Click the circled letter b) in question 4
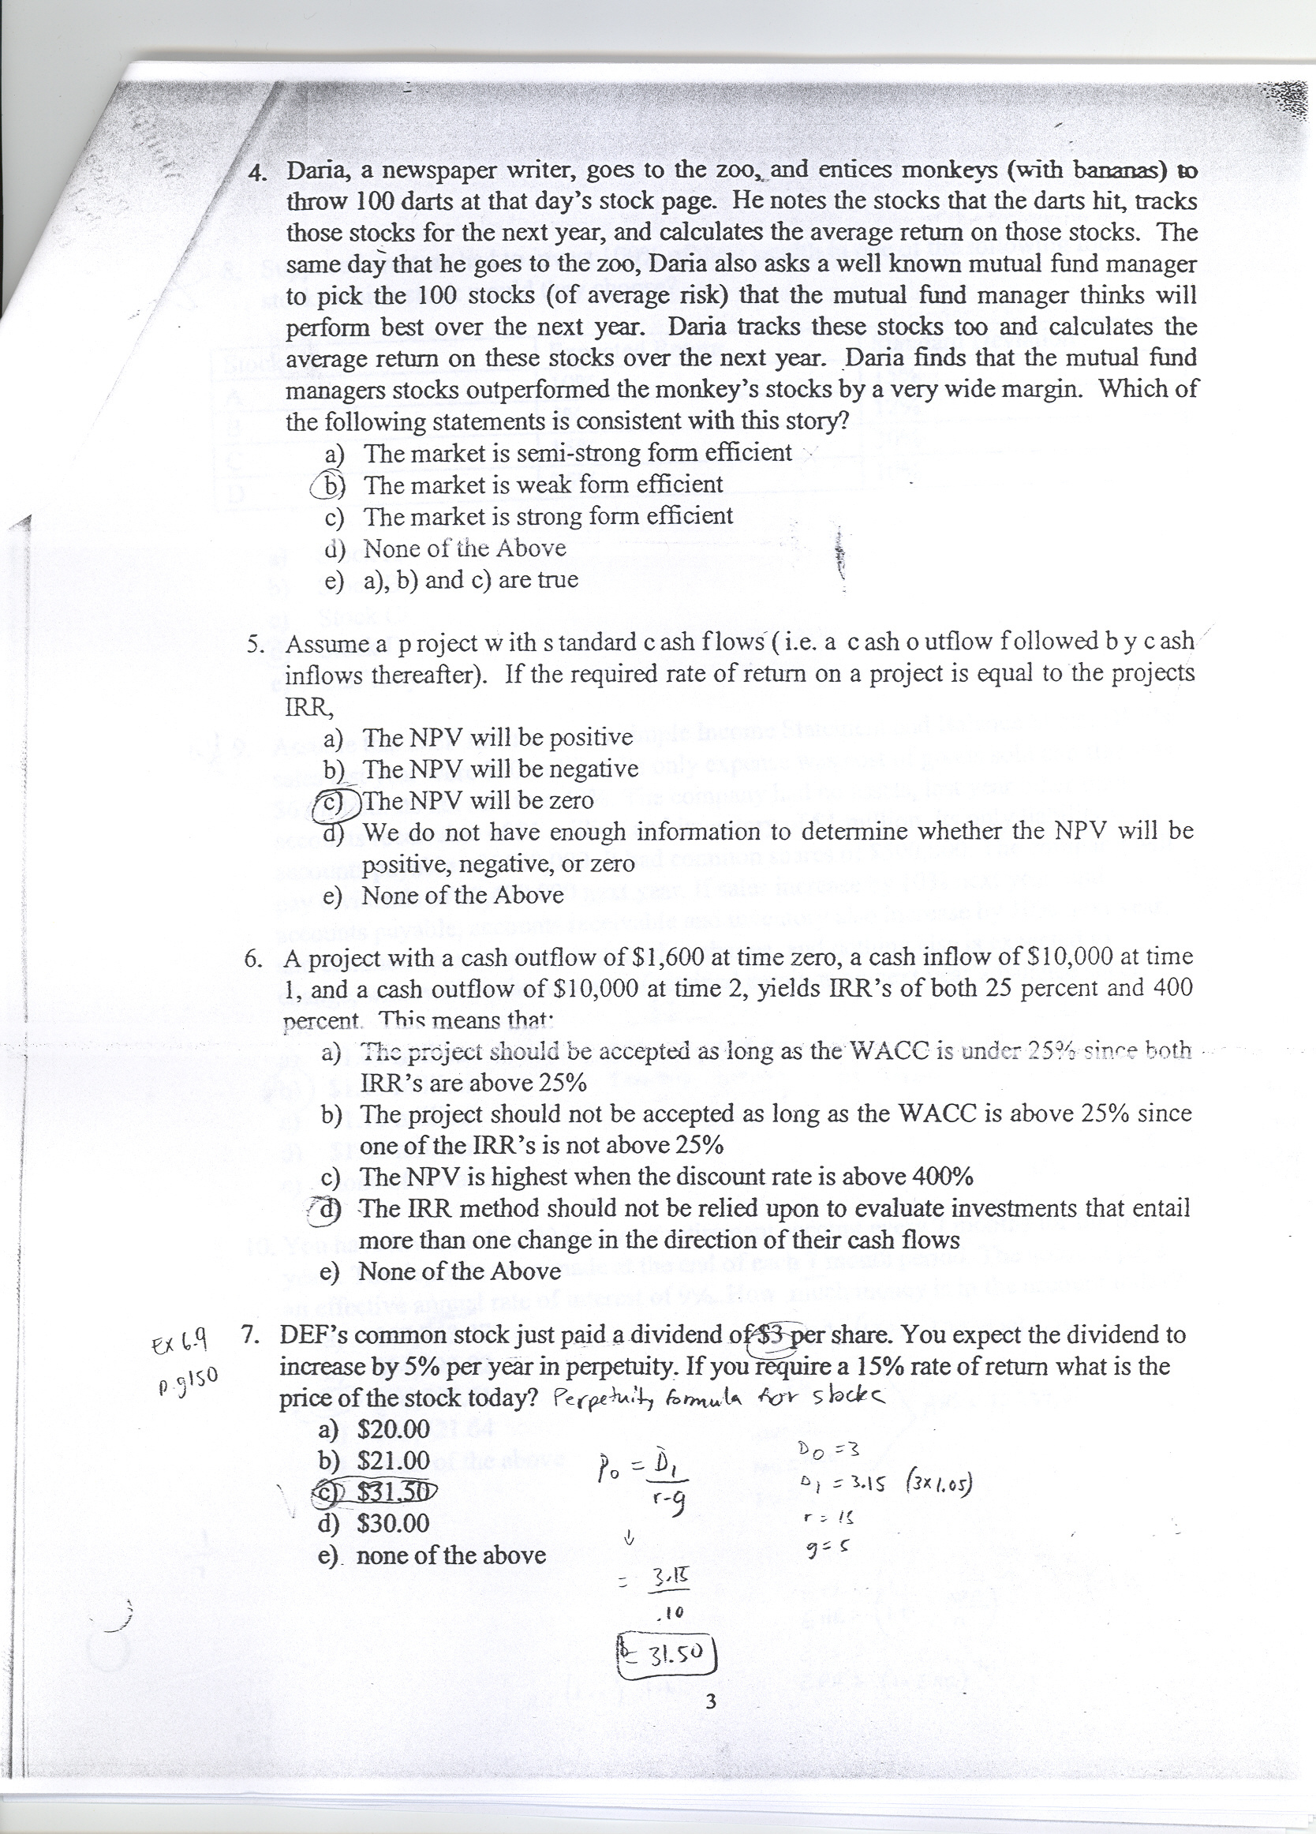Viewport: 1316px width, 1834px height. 328,485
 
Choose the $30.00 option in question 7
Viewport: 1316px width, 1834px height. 393,1524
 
